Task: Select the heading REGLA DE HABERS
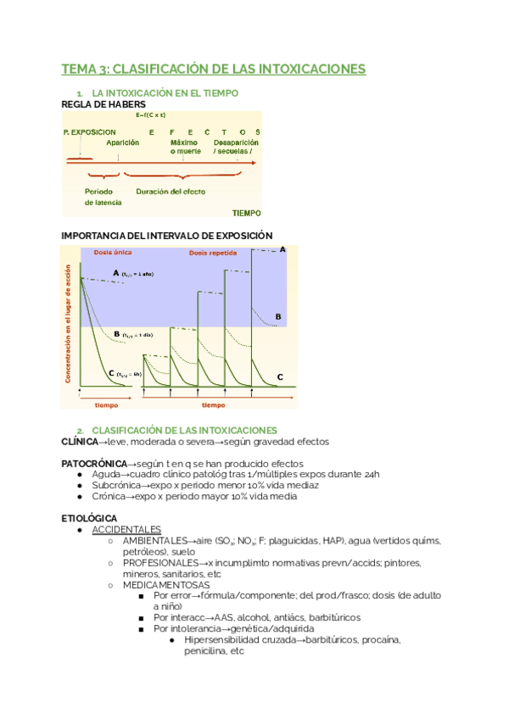pos(98,104)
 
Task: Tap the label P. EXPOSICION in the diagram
pos(90,132)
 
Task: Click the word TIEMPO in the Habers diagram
pos(246,213)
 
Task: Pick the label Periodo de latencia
pos(103,197)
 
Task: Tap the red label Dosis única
pos(112,253)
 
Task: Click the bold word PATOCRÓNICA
pos(93,464)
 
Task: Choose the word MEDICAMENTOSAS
pos(166,584)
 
